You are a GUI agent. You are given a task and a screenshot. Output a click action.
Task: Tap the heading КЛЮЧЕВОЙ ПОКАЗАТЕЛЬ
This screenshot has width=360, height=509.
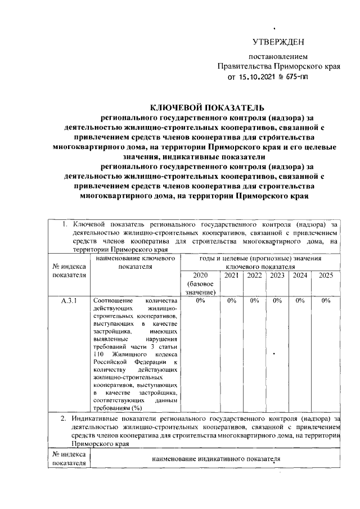pos(206,107)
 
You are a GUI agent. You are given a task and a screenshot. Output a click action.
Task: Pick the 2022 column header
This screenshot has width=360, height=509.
pos(254,276)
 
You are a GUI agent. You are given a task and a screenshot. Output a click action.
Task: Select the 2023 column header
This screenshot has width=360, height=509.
pos(277,276)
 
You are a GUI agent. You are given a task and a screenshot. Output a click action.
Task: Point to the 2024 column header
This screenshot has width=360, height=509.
pos(300,276)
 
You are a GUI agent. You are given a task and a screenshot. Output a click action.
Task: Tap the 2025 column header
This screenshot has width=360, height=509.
pos(326,276)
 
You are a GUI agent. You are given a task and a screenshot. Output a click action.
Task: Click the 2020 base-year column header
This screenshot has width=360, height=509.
pos(200,283)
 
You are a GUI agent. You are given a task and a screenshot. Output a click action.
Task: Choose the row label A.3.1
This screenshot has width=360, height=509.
pos(69,301)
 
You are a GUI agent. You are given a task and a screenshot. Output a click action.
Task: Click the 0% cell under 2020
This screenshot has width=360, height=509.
pos(200,301)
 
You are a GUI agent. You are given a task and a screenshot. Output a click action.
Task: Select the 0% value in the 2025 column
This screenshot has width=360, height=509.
pos(326,301)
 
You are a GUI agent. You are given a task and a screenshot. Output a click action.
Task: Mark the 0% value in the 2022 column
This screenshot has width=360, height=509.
pos(254,301)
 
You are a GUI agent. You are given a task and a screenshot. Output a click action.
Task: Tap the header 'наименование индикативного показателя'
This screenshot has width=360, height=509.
pos(216,459)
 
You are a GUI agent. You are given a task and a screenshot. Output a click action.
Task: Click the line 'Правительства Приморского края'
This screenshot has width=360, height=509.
pos(279,66)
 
